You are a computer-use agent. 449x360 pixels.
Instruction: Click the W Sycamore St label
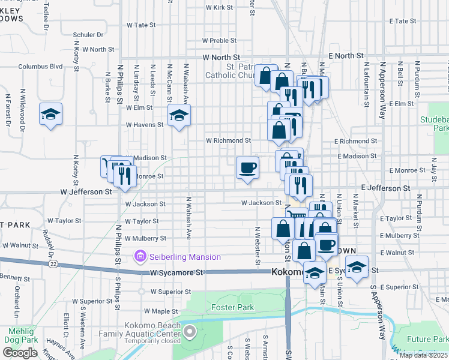pos(174,272)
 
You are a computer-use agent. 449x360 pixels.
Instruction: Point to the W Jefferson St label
pos(86,192)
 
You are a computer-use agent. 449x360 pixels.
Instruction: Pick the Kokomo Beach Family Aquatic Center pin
pos(190,331)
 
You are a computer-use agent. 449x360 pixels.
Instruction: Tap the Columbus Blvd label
pos(40,67)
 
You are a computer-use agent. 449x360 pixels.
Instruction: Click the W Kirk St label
pos(219,8)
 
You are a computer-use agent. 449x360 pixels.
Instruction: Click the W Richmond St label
pos(228,140)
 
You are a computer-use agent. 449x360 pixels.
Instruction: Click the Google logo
pos(20,353)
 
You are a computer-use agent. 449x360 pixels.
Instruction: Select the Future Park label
pos(427,340)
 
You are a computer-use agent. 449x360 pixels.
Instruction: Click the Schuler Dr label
pos(88,35)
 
